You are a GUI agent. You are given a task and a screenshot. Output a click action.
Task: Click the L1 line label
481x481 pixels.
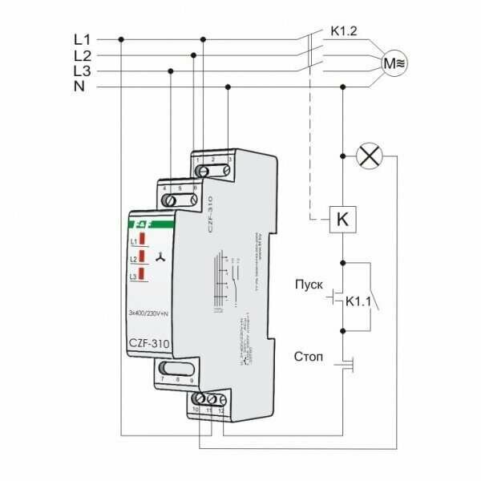click(x=82, y=38)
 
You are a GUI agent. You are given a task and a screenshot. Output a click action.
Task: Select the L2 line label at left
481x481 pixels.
click(x=82, y=55)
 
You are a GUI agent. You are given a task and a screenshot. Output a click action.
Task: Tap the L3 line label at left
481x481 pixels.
click(x=82, y=71)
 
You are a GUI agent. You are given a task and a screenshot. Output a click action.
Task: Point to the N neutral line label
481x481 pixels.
click(x=80, y=86)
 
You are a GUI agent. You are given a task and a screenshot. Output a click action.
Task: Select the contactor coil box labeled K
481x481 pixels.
click(x=343, y=217)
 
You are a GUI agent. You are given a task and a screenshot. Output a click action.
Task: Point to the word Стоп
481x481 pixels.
click(x=309, y=355)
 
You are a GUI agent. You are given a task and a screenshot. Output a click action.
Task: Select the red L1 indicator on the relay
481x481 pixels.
click(x=141, y=239)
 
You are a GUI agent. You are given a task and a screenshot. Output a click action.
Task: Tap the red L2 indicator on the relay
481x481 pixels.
click(x=141, y=257)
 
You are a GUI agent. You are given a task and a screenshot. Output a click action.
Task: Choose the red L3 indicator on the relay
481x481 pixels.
click(x=141, y=276)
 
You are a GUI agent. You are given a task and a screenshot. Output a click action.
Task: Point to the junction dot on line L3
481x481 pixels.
click(x=171, y=71)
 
